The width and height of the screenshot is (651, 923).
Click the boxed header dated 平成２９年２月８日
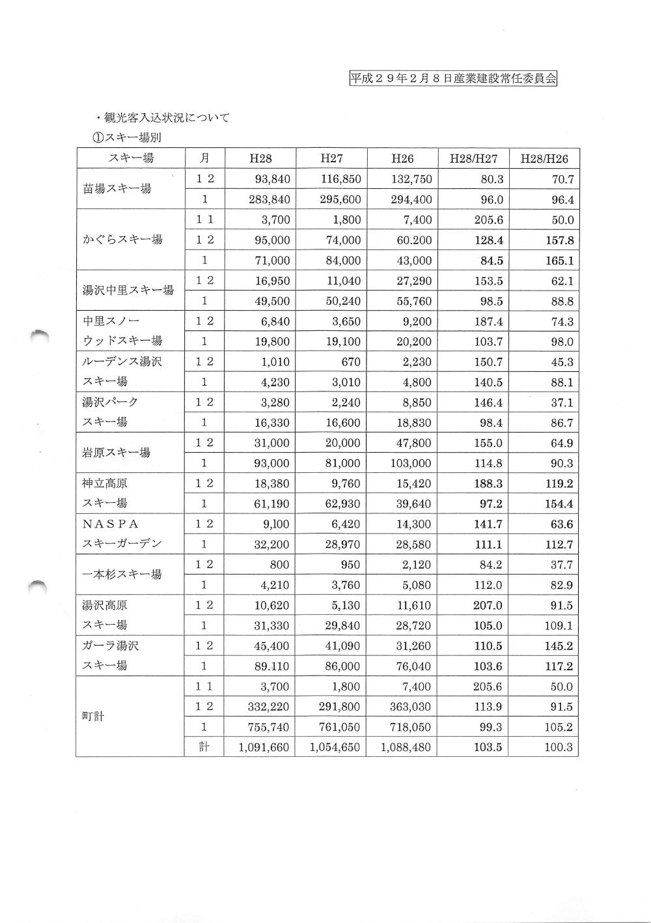[453, 79]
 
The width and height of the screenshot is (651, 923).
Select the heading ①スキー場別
[126, 137]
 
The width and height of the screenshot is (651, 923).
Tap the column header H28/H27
[473, 158]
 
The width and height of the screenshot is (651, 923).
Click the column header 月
[204, 158]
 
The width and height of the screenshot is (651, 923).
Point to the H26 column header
[402, 158]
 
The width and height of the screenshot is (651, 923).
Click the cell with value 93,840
[273, 179]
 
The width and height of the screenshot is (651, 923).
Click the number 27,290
[414, 281]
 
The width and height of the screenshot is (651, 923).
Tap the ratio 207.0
[488, 605]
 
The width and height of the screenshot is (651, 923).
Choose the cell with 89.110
[273, 666]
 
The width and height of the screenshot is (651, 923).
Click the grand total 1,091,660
[264, 747]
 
